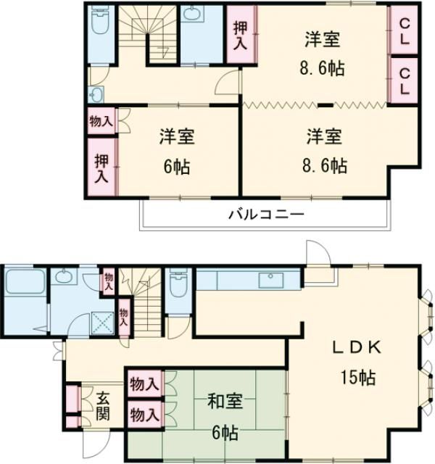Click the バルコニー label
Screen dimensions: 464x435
[265, 214]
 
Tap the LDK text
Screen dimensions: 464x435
[357, 347]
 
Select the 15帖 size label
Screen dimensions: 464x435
[358, 377]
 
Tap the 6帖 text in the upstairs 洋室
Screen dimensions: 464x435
[177, 167]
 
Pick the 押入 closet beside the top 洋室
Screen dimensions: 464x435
[239, 35]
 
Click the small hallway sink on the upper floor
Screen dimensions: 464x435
[96, 94]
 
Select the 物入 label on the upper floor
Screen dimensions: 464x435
[101, 121]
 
